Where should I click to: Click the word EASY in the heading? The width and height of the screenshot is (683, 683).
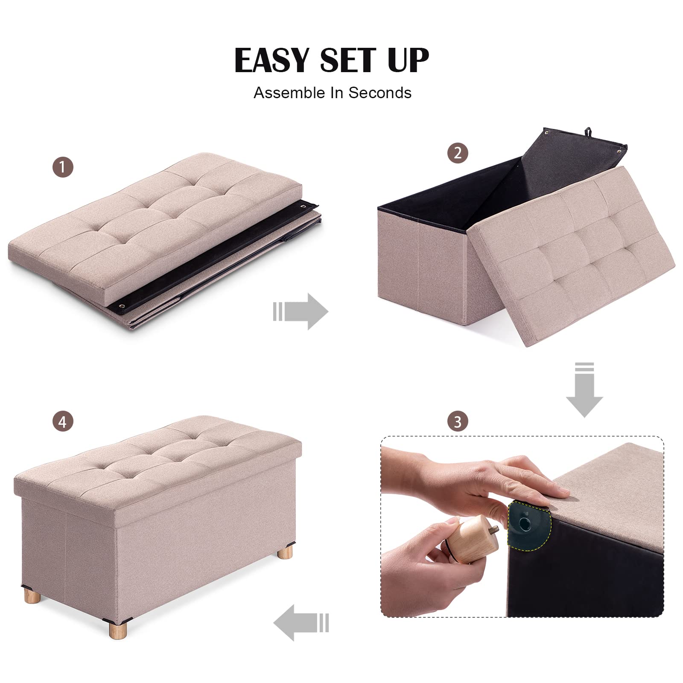coord(272,60)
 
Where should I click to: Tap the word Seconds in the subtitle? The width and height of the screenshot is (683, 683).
coord(380,93)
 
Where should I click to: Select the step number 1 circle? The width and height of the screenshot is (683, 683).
coord(63,167)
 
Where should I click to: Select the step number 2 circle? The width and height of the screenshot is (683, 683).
coord(458,153)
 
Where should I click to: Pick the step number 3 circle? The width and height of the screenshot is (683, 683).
coord(458,421)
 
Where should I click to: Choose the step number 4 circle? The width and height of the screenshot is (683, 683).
coord(63,422)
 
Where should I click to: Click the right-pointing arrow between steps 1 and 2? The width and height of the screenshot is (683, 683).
coord(301,311)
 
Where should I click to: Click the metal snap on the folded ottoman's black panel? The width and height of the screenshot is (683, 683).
coord(123,306)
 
